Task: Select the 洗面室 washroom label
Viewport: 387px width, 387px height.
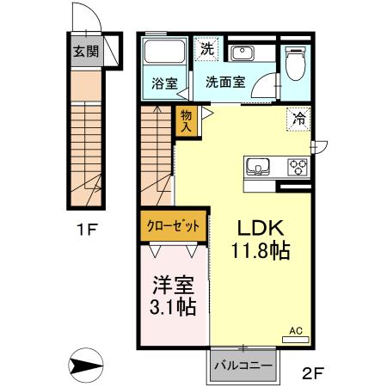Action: pyautogui.click(x=224, y=83)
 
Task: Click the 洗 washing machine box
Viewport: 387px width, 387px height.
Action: pyautogui.click(x=207, y=48)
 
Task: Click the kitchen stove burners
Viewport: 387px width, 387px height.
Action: pyautogui.click(x=298, y=166)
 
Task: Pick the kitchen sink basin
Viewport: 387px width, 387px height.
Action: pyautogui.click(x=259, y=166)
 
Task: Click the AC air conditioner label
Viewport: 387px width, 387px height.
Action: pyautogui.click(x=295, y=329)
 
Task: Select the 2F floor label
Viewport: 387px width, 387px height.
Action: pyautogui.click(x=312, y=372)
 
